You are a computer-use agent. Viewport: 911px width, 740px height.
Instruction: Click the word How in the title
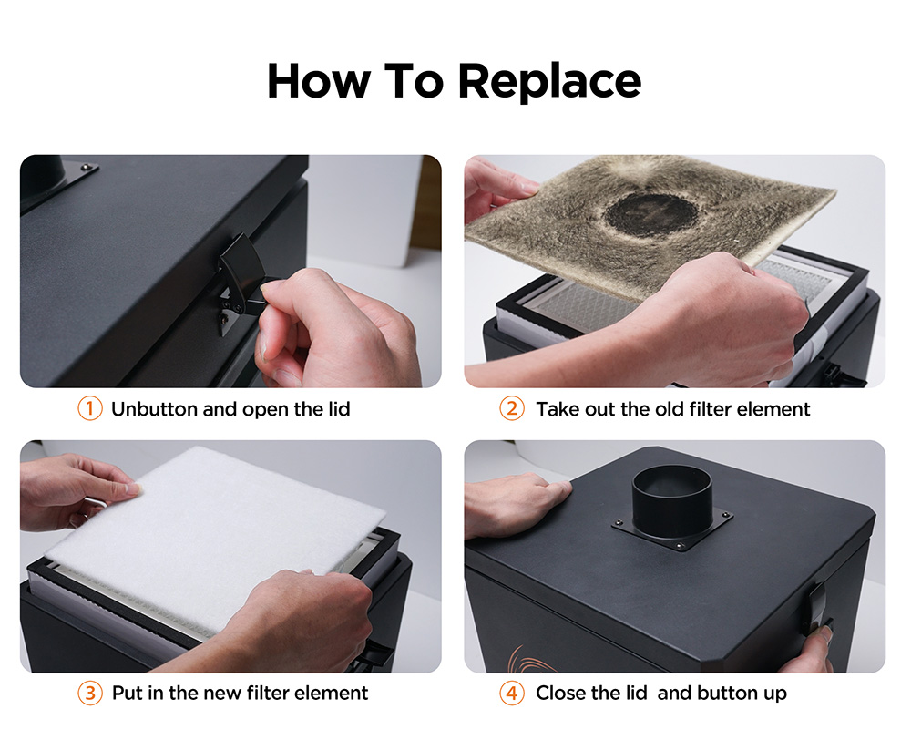tap(318, 81)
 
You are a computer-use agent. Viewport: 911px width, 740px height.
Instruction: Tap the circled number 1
tap(90, 408)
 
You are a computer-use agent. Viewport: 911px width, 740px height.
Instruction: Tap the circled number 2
tap(512, 408)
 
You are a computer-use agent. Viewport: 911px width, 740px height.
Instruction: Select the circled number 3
tap(90, 693)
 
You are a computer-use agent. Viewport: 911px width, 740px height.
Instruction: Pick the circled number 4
tap(512, 693)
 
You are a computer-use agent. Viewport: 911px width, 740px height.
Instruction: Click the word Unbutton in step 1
tap(155, 409)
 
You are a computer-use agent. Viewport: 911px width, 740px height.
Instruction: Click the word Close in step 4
tap(560, 693)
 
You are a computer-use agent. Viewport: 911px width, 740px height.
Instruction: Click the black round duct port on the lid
tap(671, 501)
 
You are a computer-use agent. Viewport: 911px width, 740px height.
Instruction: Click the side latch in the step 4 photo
tap(818, 611)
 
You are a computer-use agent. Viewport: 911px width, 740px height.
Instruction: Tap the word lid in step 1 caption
tap(339, 409)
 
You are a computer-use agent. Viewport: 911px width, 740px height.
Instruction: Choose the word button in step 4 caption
tap(730, 693)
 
